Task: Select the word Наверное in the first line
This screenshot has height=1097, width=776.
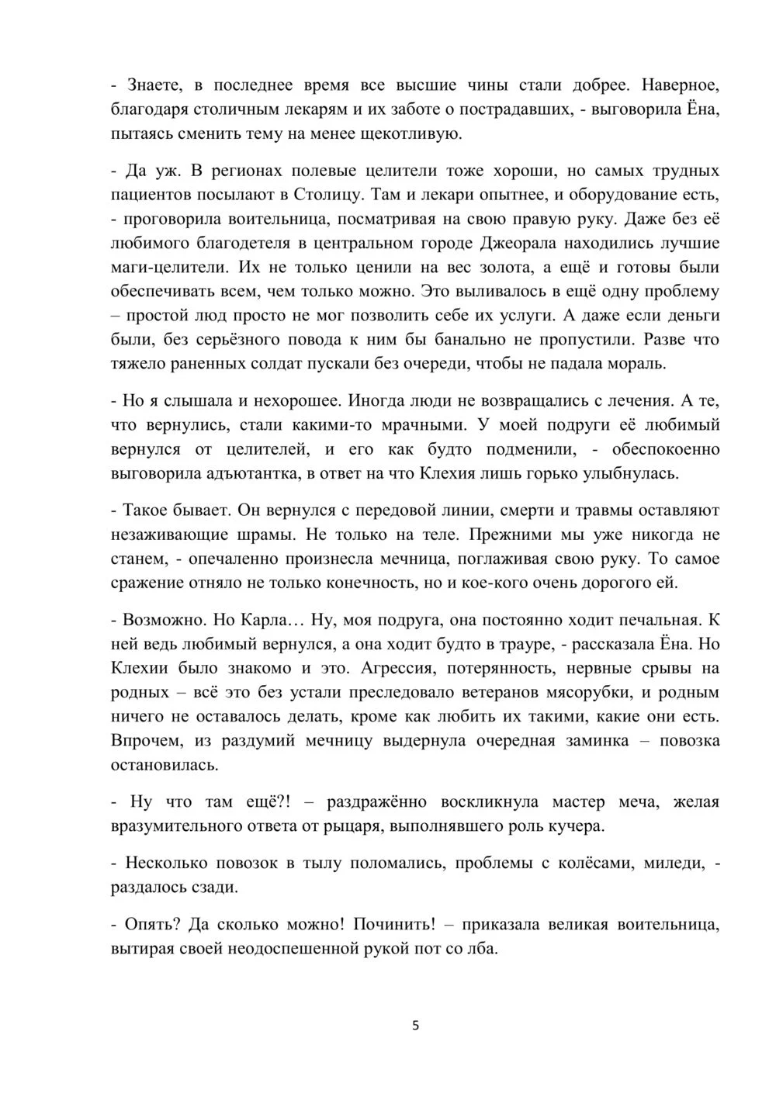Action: click(682, 85)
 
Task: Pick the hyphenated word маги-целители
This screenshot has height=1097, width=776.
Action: click(165, 268)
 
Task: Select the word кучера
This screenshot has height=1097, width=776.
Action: click(575, 825)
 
